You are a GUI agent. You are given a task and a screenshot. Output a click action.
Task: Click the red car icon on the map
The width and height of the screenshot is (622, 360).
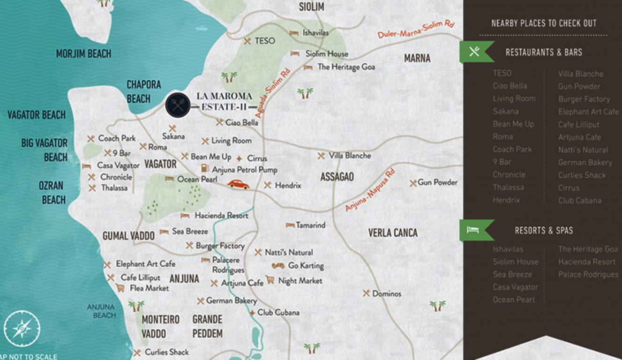tap(238, 184)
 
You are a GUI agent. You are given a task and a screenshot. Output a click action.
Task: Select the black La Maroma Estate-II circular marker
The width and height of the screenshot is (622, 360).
tap(178, 105)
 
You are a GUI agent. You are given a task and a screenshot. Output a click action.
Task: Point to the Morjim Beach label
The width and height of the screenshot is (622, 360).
tap(83, 54)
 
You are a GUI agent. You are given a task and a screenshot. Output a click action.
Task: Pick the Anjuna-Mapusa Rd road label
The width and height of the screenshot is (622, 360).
tap(370, 190)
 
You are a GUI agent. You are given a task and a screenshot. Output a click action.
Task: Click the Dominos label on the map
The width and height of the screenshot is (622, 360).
tap(387, 294)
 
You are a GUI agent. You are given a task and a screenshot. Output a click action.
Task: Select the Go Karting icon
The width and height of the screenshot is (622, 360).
tap(278, 266)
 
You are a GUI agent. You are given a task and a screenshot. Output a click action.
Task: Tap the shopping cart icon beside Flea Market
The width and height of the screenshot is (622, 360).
tap(120, 288)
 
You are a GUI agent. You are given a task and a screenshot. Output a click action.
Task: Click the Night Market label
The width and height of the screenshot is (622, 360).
tap(300, 281)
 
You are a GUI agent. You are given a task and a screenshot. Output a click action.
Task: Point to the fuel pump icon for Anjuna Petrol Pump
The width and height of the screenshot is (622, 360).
tap(205, 169)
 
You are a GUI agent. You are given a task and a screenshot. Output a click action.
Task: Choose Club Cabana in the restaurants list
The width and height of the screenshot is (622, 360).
tap(579, 201)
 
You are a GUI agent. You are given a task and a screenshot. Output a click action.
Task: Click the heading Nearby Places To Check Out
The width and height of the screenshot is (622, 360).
tap(544, 23)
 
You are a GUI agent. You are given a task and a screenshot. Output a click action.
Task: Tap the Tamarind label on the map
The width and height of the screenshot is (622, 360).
tap(310, 225)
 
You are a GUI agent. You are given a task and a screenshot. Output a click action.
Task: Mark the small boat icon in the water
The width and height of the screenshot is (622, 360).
tap(202, 28)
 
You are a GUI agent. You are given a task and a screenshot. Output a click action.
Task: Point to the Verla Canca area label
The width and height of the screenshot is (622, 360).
tap(392, 233)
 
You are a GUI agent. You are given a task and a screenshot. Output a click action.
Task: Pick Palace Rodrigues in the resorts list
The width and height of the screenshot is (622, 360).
tap(588, 275)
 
